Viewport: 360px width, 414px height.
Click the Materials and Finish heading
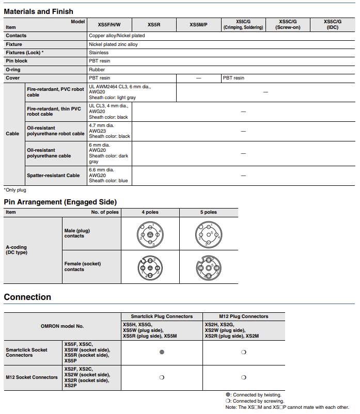pyautogui.click(x=39, y=11)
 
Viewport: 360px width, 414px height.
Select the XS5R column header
pyautogui.click(x=154, y=24)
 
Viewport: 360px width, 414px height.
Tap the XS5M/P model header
pyautogui.click(x=198, y=24)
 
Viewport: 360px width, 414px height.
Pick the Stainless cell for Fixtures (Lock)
pyautogui.click(x=99, y=53)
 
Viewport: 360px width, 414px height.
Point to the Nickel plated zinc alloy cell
pyautogui.click(x=113, y=44)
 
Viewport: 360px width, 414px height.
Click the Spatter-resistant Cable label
pyautogui.click(x=53, y=176)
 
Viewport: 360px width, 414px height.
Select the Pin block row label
pyautogui.click(x=17, y=61)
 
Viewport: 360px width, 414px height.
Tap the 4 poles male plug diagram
pyautogui.click(x=150, y=234)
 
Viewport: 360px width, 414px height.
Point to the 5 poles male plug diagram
pyautogui.click(x=208, y=234)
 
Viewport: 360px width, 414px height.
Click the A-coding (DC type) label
pyautogui.click(x=17, y=250)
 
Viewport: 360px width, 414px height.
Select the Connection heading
pyautogui.click(x=27, y=297)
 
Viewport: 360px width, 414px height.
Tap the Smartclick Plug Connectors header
pyautogui.click(x=162, y=316)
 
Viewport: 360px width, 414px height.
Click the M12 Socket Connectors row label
pyautogui.click(x=32, y=377)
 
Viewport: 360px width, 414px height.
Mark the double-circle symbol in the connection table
pyautogui.click(x=162, y=353)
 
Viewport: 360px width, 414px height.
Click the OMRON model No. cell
pyautogui.click(x=62, y=326)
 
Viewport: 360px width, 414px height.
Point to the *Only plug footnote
pyautogui.click(x=15, y=190)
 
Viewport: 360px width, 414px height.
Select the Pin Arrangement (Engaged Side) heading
pyautogui.click(x=60, y=202)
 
